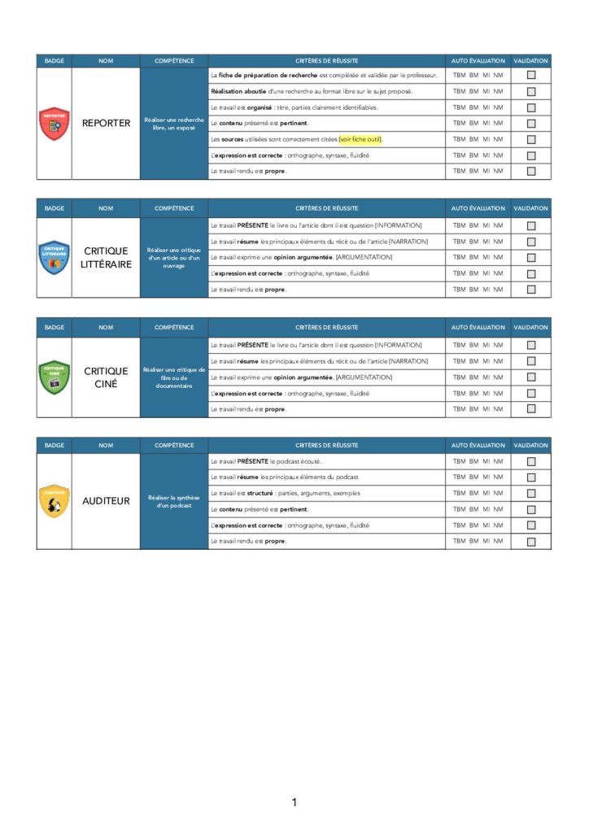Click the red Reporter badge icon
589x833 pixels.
click(x=55, y=124)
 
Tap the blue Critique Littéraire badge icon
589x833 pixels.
click(x=55, y=257)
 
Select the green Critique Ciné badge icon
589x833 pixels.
click(x=55, y=377)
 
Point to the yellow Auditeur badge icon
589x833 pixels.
click(x=55, y=501)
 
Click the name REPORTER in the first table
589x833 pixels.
click(x=106, y=124)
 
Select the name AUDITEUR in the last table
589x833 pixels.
click(x=106, y=501)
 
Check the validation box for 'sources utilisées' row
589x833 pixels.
click(x=531, y=139)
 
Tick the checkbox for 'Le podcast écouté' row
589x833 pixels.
click(x=531, y=461)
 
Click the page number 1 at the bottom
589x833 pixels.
click(x=294, y=803)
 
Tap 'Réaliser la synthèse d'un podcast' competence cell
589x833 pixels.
click(x=174, y=501)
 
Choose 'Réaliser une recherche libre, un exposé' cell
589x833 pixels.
click(x=174, y=124)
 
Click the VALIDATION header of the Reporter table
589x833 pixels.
click(x=531, y=61)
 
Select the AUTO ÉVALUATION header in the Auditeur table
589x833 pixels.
click(x=478, y=446)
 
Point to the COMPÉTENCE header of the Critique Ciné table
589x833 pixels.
click(x=174, y=328)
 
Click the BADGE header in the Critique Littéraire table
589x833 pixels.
click(x=55, y=208)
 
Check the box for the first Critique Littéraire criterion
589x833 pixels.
click(x=531, y=225)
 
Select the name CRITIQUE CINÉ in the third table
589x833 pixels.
click(x=106, y=377)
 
